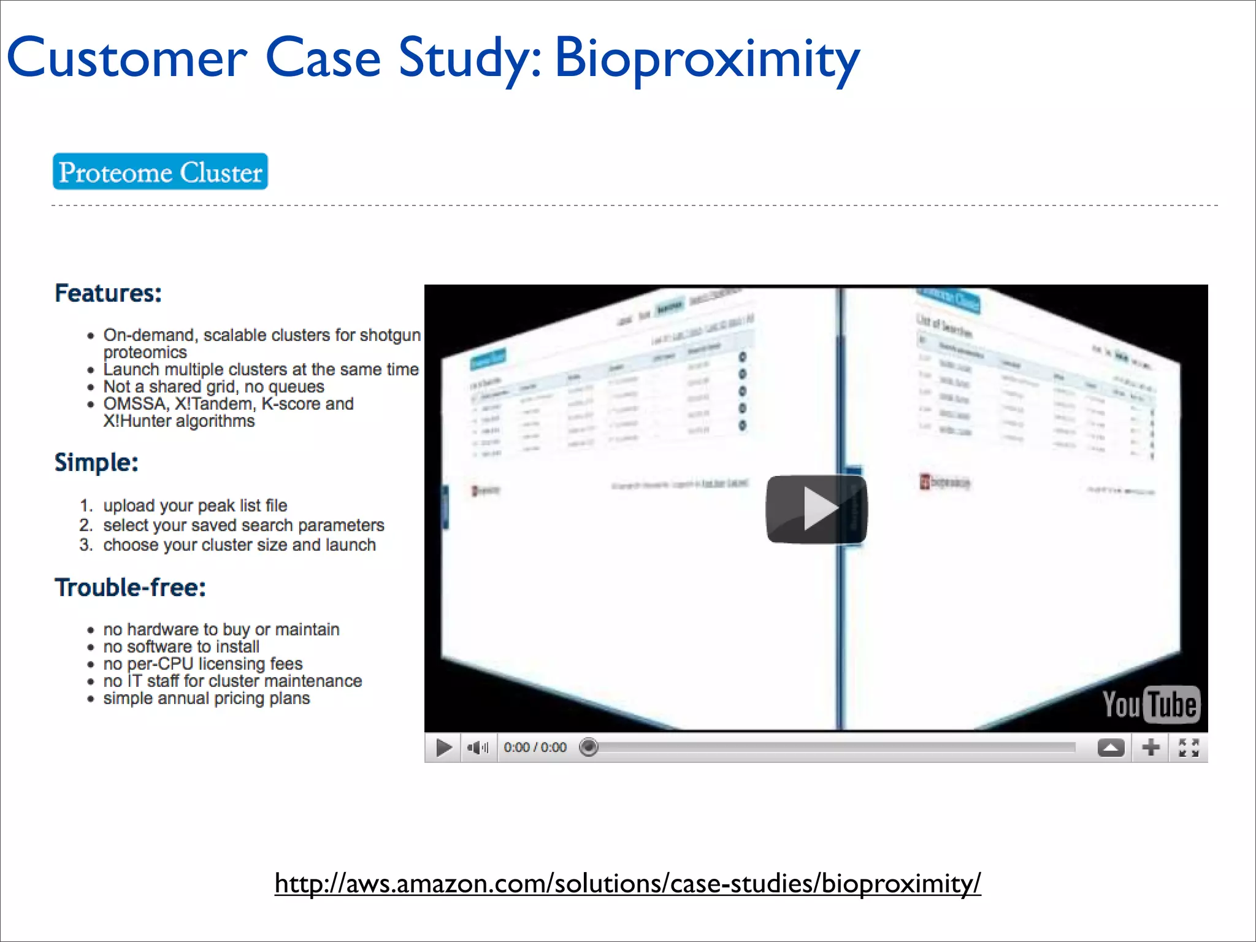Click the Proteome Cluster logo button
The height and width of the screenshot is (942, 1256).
pyautogui.click(x=160, y=172)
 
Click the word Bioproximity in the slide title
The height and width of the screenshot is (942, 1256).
pyautogui.click(x=706, y=59)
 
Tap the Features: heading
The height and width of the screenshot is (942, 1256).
pyautogui.click(x=108, y=293)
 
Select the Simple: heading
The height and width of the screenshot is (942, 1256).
pyautogui.click(x=96, y=462)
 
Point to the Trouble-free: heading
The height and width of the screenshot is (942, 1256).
pyautogui.click(x=130, y=588)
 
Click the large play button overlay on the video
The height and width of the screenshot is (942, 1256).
pyautogui.click(x=816, y=509)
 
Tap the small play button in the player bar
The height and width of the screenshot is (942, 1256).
pyautogui.click(x=443, y=748)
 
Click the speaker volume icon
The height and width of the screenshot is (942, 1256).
pyautogui.click(x=477, y=748)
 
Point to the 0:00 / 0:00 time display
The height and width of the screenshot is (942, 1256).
pyautogui.click(x=535, y=748)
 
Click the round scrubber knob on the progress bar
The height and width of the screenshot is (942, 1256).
pyautogui.click(x=588, y=747)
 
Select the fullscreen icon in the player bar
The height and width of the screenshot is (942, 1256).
pyautogui.click(x=1189, y=748)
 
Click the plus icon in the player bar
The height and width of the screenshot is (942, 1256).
pyautogui.click(x=1151, y=748)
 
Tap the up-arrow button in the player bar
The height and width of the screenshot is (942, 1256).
pyautogui.click(x=1111, y=748)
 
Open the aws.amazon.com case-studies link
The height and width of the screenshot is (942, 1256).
pyautogui.click(x=627, y=884)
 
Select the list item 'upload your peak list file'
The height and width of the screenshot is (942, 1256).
pyautogui.click(x=195, y=506)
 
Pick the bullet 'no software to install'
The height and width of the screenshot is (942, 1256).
pyautogui.click(x=181, y=647)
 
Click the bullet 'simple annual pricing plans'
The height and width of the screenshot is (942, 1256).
pyautogui.click(x=206, y=699)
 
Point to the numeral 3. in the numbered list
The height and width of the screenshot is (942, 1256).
pyautogui.click(x=86, y=545)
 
